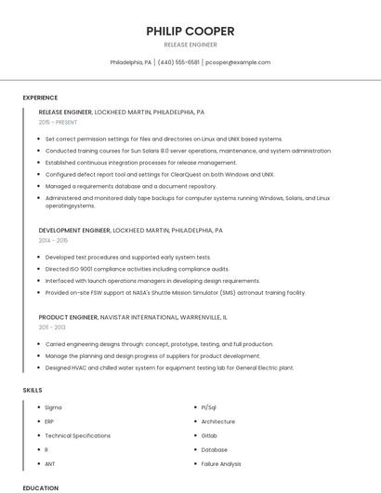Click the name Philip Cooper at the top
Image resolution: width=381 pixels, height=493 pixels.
(x=190, y=31)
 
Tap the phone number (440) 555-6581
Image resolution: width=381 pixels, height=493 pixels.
(x=178, y=62)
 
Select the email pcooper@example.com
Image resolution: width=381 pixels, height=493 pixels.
(x=238, y=62)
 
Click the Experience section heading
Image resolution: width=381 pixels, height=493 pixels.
(x=40, y=98)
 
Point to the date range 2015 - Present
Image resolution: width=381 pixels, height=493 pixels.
(x=59, y=122)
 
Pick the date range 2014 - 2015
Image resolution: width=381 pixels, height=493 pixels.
(x=53, y=240)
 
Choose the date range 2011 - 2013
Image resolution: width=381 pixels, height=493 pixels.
(x=52, y=327)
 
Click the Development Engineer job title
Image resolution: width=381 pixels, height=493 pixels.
(x=74, y=230)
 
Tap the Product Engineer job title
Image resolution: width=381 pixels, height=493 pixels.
(x=69, y=317)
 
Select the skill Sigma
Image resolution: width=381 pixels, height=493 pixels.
(x=53, y=407)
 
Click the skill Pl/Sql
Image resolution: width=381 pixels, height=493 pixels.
(x=209, y=407)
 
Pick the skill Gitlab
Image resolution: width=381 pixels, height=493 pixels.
(x=209, y=435)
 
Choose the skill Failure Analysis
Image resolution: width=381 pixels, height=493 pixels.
(x=221, y=463)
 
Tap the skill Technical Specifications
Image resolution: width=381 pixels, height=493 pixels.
(x=77, y=435)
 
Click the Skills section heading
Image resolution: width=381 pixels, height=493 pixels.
(x=33, y=390)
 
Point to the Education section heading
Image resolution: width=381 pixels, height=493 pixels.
(x=40, y=487)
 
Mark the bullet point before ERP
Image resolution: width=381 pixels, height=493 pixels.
(x=37, y=421)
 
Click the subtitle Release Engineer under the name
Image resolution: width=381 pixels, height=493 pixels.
(x=190, y=44)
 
